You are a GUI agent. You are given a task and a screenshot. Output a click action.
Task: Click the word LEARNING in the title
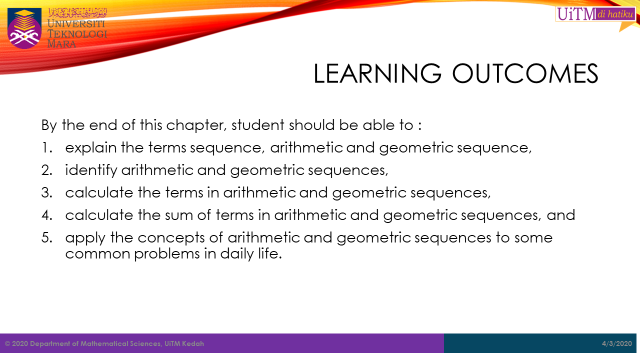[x=377, y=73]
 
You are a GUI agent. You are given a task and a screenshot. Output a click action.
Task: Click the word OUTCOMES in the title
[x=525, y=73]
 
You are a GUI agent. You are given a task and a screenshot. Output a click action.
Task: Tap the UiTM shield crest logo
[x=24, y=28]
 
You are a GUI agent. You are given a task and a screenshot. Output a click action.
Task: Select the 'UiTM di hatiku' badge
[x=595, y=14]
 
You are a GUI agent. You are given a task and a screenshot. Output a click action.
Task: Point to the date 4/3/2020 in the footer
[x=617, y=343]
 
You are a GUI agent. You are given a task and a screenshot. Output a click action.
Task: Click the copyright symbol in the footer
[x=7, y=343]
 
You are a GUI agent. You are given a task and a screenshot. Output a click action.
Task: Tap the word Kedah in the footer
[x=193, y=343]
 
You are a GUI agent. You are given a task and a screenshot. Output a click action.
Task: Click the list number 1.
[x=47, y=147]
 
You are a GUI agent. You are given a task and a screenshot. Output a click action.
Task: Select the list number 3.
[x=47, y=192]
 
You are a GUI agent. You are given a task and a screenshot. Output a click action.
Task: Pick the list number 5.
[x=47, y=237]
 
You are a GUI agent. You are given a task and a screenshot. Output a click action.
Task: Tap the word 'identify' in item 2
[x=91, y=170]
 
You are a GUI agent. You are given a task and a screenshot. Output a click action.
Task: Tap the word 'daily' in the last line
[x=237, y=254]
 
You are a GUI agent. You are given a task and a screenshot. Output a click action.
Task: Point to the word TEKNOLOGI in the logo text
[x=77, y=33]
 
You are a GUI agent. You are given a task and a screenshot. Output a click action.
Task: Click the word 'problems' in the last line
[x=166, y=254]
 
